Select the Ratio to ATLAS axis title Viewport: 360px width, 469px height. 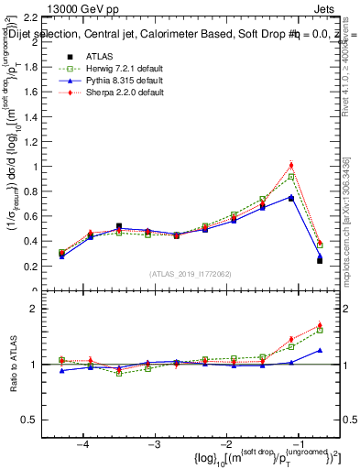pyautogui.click(x=13, y=364)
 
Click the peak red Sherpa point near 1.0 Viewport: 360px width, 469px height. pyautogui.click(x=291, y=166)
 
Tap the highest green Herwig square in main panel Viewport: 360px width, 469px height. pyautogui.click(x=291, y=177)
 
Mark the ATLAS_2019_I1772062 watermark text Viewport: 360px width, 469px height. pyautogui.click(x=191, y=274)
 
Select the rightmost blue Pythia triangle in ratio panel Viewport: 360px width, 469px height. pyautogui.click(x=320, y=350)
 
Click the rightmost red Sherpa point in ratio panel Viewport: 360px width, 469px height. pyautogui.click(x=320, y=325)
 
